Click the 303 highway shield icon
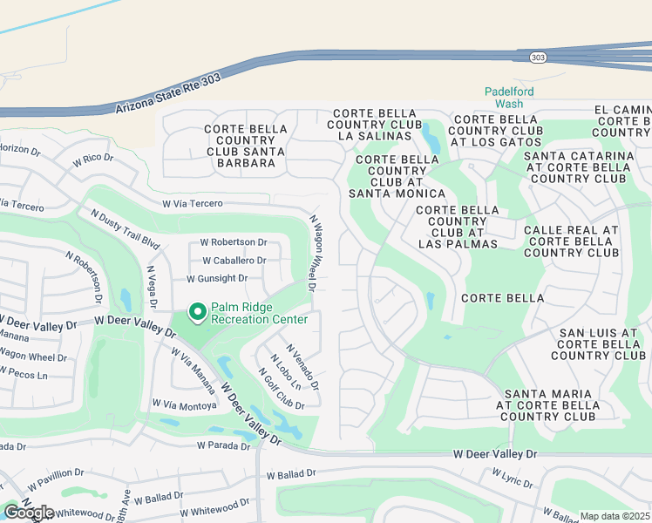pos(537,57)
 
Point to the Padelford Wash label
pos(509,97)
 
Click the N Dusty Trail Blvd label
pos(126,228)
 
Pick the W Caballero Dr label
pos(234,261)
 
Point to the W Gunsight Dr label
pos(217,279)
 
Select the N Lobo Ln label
pos(285,372)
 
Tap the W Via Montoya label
pos(184,404)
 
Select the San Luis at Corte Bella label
pos(598,344)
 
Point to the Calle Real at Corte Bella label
pos(571,241)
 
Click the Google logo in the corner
pos(29,513)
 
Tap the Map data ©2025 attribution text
pos(615,516)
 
